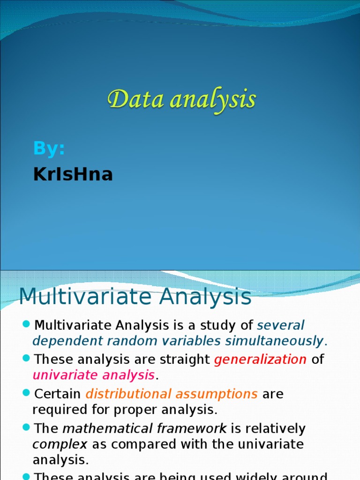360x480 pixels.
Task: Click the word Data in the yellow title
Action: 135,100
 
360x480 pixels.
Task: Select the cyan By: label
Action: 49,149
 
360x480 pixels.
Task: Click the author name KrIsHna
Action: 73,174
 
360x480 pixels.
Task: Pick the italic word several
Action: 281,325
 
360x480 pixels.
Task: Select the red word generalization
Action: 260,360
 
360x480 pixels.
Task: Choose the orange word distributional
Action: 128,394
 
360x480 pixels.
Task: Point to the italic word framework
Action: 192,428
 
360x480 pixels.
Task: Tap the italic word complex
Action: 60,445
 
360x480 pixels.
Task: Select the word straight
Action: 185,360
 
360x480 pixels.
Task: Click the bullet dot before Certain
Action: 26,392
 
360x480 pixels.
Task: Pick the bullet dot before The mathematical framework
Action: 26,427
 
